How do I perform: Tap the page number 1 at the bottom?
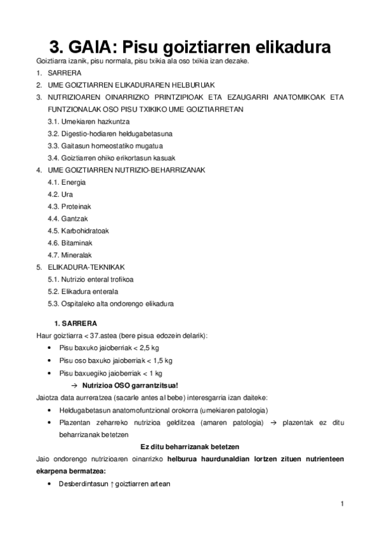tap(341, 504)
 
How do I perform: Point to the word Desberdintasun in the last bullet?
tap(83, 483)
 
